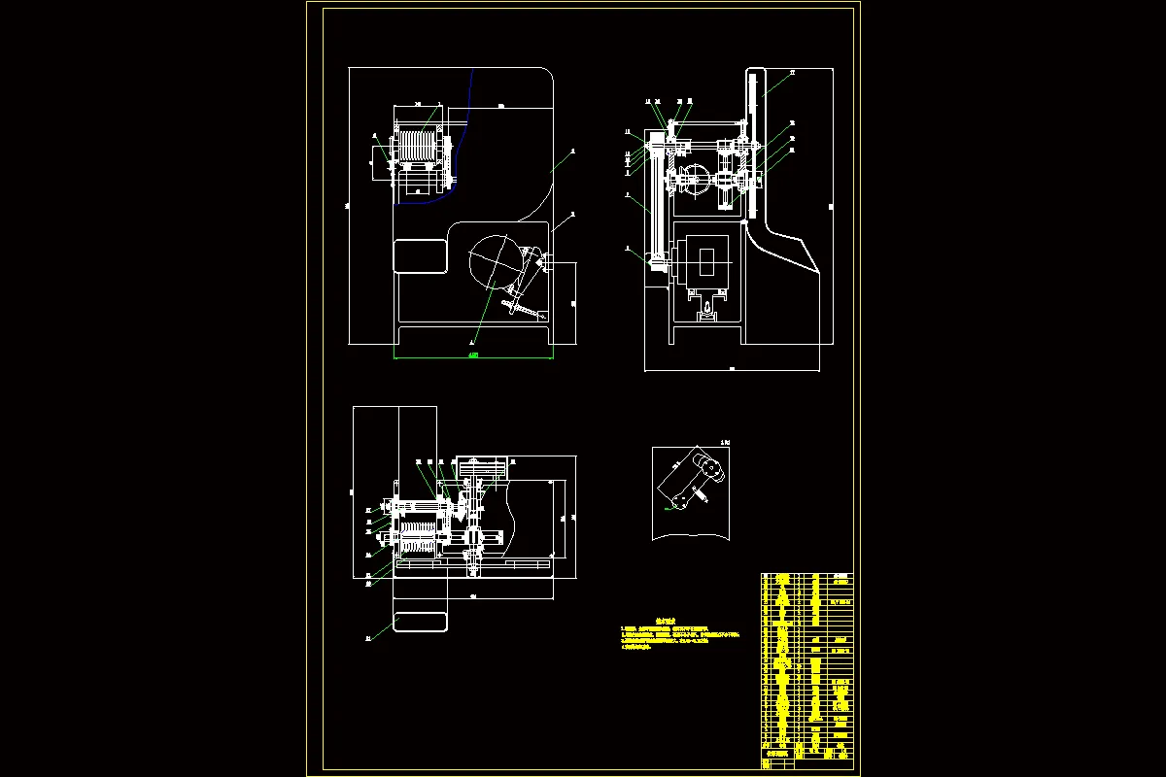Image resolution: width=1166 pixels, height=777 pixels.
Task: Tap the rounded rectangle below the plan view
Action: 420,621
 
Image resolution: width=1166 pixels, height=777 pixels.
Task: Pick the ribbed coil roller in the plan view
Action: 418,534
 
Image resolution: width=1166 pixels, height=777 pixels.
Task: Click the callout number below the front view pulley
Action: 472,342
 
